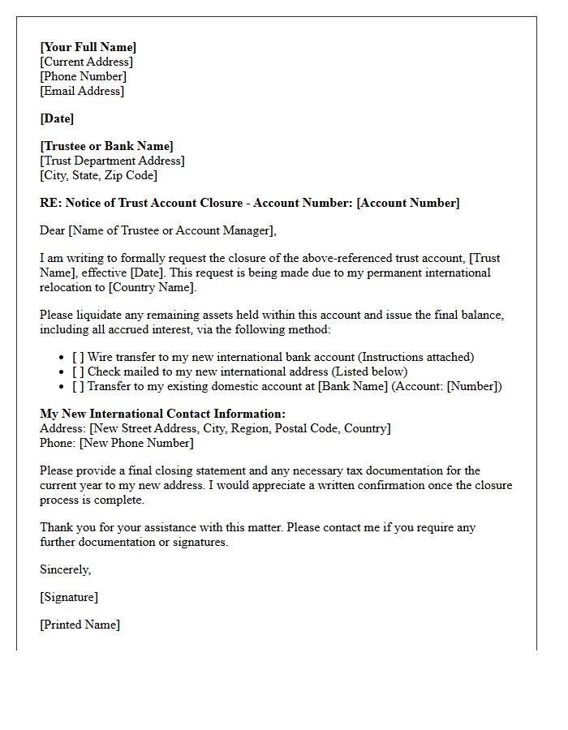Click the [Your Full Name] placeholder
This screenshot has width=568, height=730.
pos(88,47)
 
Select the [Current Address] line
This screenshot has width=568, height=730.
pos(86,62)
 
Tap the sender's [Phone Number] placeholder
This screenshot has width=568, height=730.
pos(83,76)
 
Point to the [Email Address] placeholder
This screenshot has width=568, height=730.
pos(82,91)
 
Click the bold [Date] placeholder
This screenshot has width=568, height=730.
pos(57,118)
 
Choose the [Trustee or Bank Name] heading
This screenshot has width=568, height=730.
pos(106,146)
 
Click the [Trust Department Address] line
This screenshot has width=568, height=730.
pos(112,161)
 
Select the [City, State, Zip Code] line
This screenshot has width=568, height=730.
pos(98,175)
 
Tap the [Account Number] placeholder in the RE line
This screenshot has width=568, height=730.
pos(407,203)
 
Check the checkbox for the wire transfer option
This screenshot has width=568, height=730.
pos(78,357)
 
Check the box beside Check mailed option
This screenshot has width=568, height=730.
pos(78,371)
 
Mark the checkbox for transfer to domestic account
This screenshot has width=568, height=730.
pos(78,386)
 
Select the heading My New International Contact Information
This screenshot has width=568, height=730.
pos(162,414)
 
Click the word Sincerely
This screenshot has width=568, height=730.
pos(65,569)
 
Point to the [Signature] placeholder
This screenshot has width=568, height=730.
pos(69,597)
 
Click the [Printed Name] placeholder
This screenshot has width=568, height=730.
pos(80,625)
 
